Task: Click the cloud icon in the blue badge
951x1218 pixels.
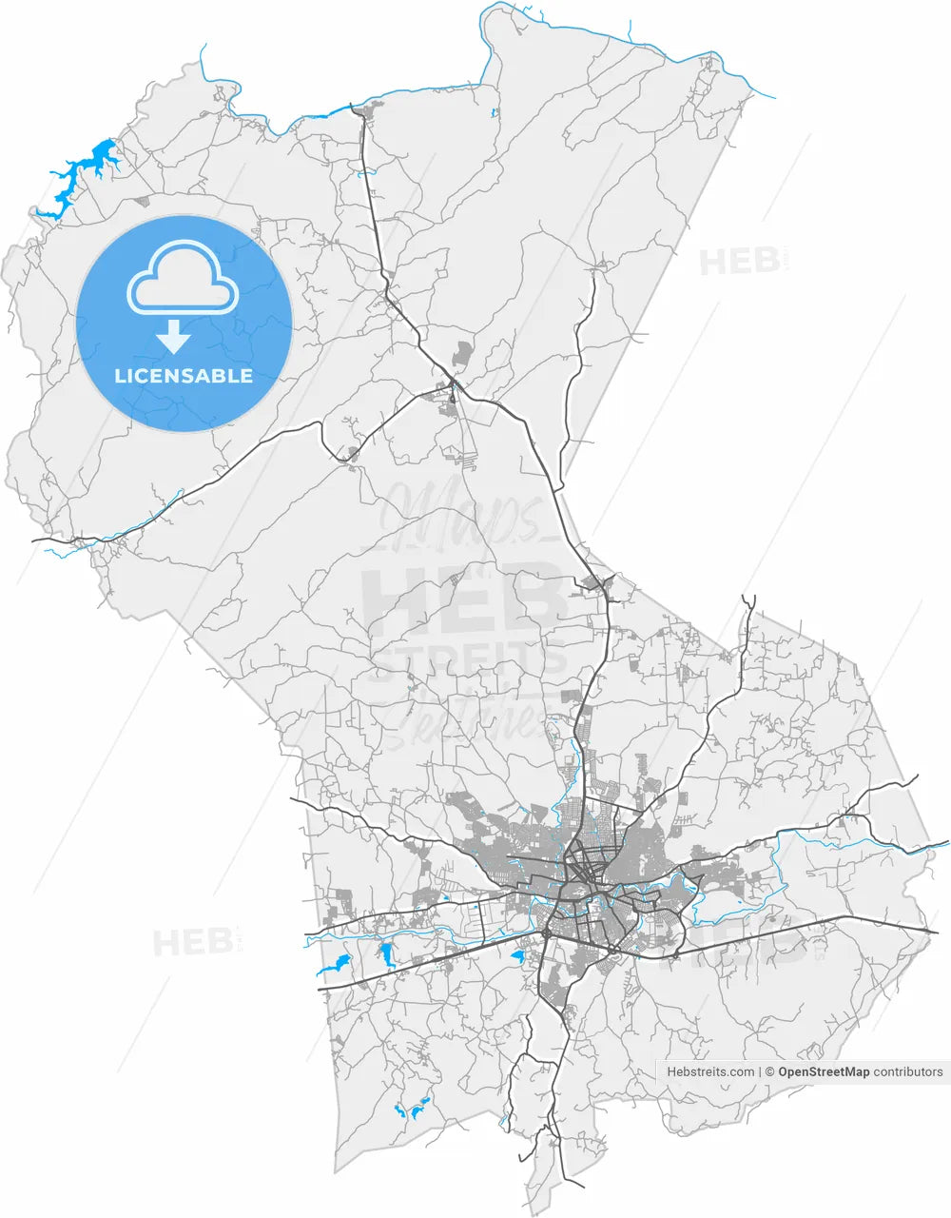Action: click(184, 278)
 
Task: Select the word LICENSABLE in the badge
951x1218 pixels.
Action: click(184, 376)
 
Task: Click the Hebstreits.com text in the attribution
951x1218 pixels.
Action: click(710, 1071)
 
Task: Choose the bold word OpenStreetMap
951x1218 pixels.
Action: click(824, 1071)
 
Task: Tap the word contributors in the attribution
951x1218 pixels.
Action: click(908, 1071)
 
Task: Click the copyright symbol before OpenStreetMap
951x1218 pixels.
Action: click(769, 1071)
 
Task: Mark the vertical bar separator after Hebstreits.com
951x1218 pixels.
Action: click(759, 1071)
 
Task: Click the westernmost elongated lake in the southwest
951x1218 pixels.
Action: click(333, 967)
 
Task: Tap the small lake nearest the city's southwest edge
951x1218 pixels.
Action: click(518, 954)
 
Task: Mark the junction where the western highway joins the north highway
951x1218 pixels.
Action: click(455, 384)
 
